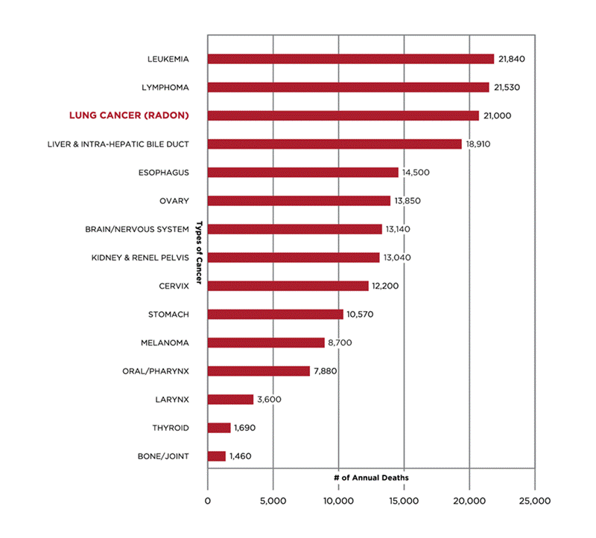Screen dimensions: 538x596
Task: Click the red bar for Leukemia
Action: click(350, 59)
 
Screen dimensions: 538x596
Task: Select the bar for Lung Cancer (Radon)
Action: click(343, 115)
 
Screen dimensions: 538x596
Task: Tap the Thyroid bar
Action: click(219, 428)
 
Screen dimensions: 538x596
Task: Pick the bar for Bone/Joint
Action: click(216, 456)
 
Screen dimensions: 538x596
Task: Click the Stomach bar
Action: click(275, 314)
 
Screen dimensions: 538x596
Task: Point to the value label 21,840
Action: click(512, 59)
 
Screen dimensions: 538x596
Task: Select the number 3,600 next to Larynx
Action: click(269, 400)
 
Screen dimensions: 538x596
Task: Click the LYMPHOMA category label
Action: click(165, 87)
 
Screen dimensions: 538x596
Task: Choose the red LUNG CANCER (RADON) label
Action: click(129, 115)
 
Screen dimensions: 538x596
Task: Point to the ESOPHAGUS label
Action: click(164, 173)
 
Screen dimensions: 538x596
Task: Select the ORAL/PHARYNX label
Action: click(156, 371)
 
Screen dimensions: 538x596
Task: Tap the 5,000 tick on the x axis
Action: click(273, 501)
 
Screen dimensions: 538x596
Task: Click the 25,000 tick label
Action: click(535, 501)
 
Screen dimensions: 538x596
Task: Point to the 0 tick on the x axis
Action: click(207, 501)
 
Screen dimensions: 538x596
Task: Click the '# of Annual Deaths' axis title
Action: click(371, 477)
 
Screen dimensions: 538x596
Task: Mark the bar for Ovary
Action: click(299, 201)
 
